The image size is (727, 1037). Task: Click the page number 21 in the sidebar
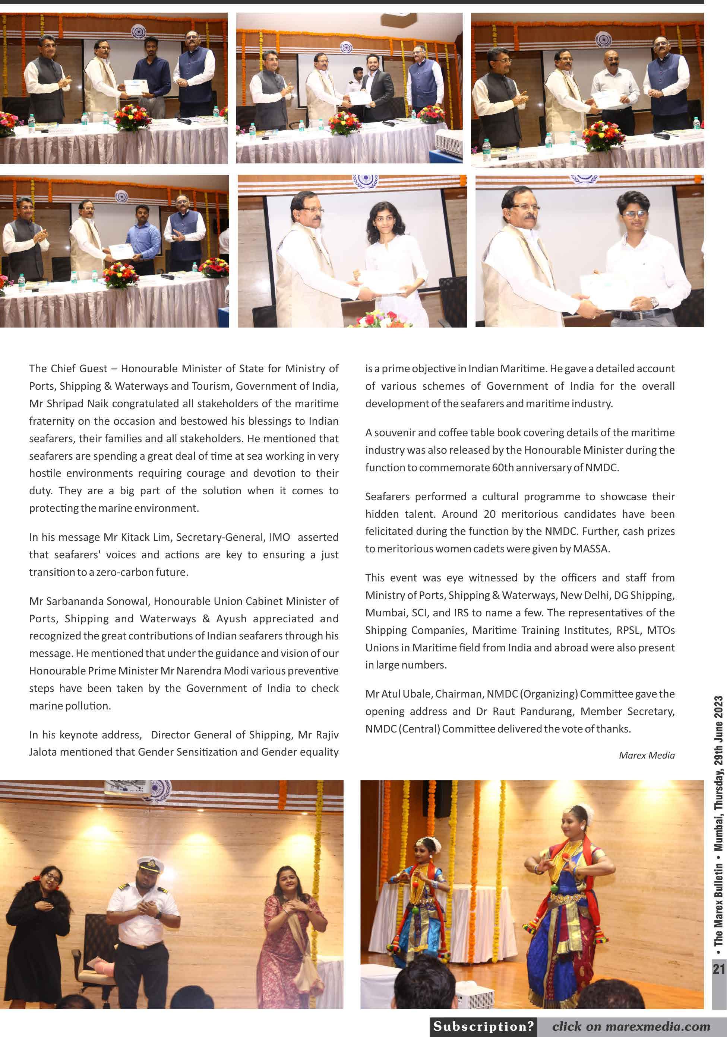pos(719,969)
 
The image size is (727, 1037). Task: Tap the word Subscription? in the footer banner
pos(483,1026)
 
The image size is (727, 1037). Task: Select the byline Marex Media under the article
pos(647,755)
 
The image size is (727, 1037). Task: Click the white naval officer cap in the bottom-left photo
pos(150,864)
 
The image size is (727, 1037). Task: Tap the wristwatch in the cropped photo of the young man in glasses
pos(654,303)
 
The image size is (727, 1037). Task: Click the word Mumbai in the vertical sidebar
pos(718,836)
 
